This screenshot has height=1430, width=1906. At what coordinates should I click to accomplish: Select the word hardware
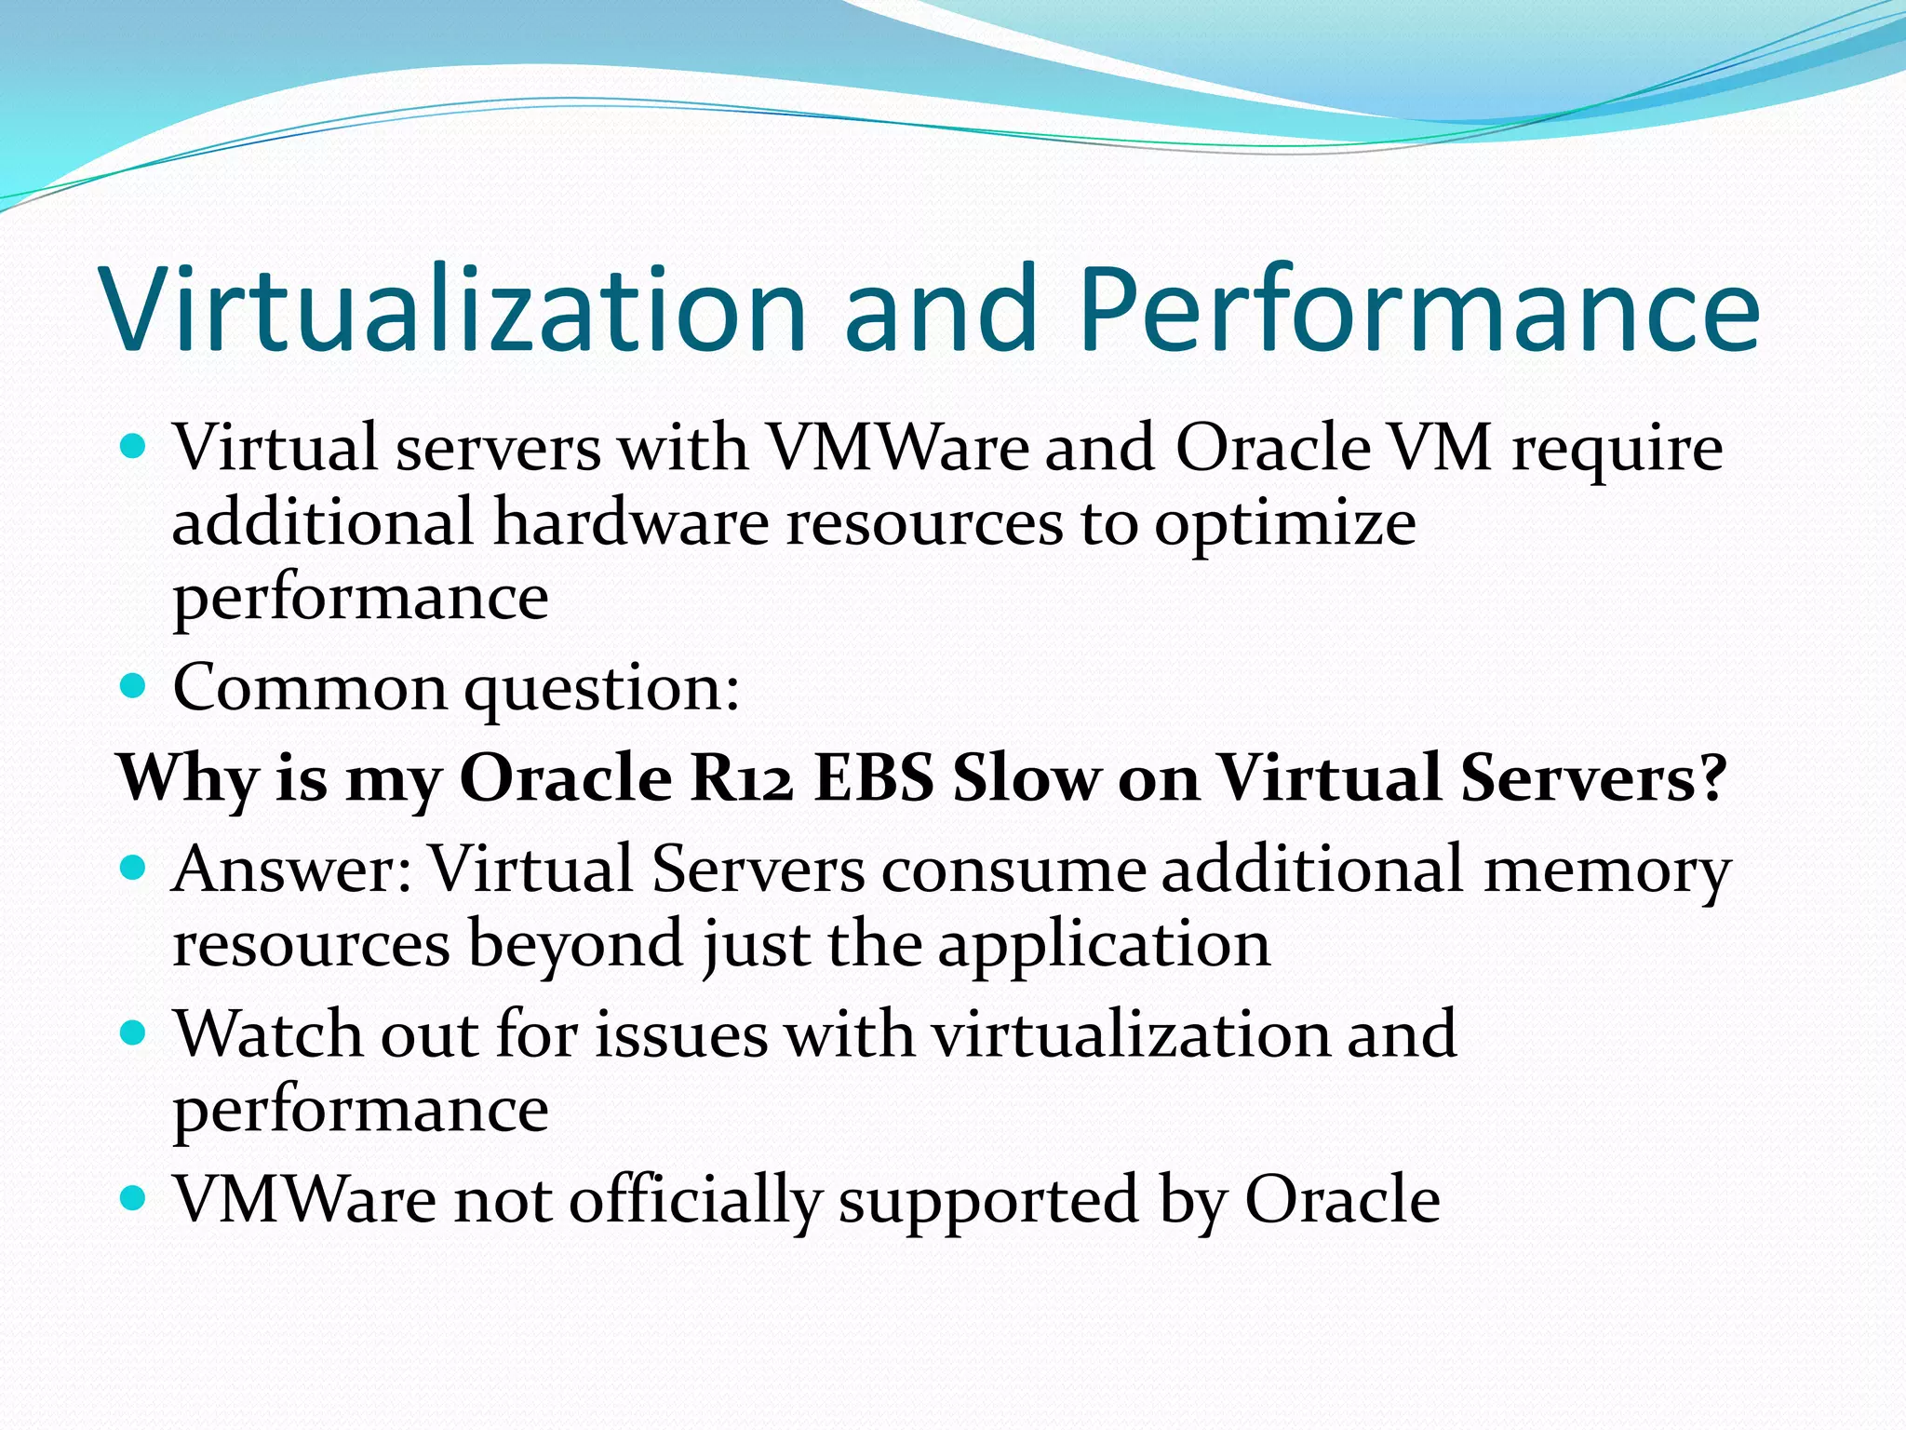631,523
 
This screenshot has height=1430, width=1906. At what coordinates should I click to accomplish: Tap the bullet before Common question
135,687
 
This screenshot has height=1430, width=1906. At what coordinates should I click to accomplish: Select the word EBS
874,778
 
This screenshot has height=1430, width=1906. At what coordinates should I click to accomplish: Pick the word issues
681,1035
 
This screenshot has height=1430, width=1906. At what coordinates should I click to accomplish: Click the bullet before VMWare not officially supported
135,1196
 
